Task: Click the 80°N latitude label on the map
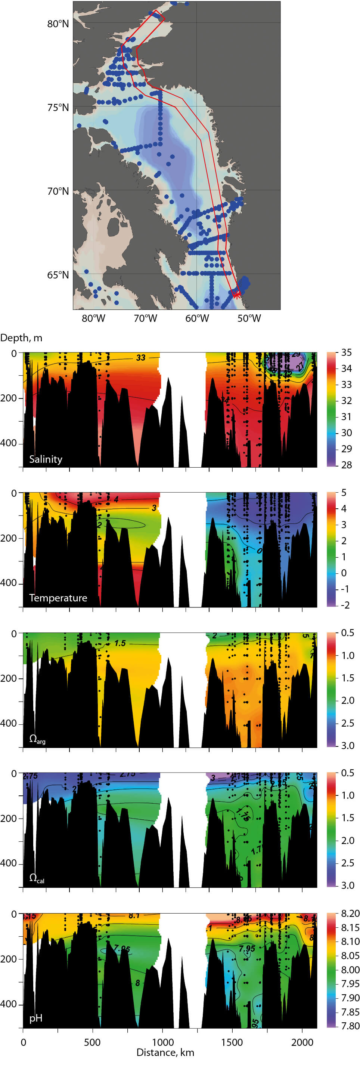pos(58,24)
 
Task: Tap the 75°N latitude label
pos(58,108)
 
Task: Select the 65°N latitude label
pos(58,275)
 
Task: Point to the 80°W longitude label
pos(93,318)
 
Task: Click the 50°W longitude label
pos(249,318)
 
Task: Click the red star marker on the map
pos(236,295)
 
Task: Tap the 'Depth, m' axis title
pos(21,338)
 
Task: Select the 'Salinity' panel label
pos(46,459)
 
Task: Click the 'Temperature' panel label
pos(58,598)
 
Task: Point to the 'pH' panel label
pos(36,1018)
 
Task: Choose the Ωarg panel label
pos(37,739)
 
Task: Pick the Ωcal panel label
pos(37,878)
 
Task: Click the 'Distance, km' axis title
pos(165,1053)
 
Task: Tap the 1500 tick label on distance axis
pos(232,1042)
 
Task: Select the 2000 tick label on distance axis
pos(302,1042)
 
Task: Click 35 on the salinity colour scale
pos(346,352)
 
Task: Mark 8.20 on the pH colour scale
pos(350,914)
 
